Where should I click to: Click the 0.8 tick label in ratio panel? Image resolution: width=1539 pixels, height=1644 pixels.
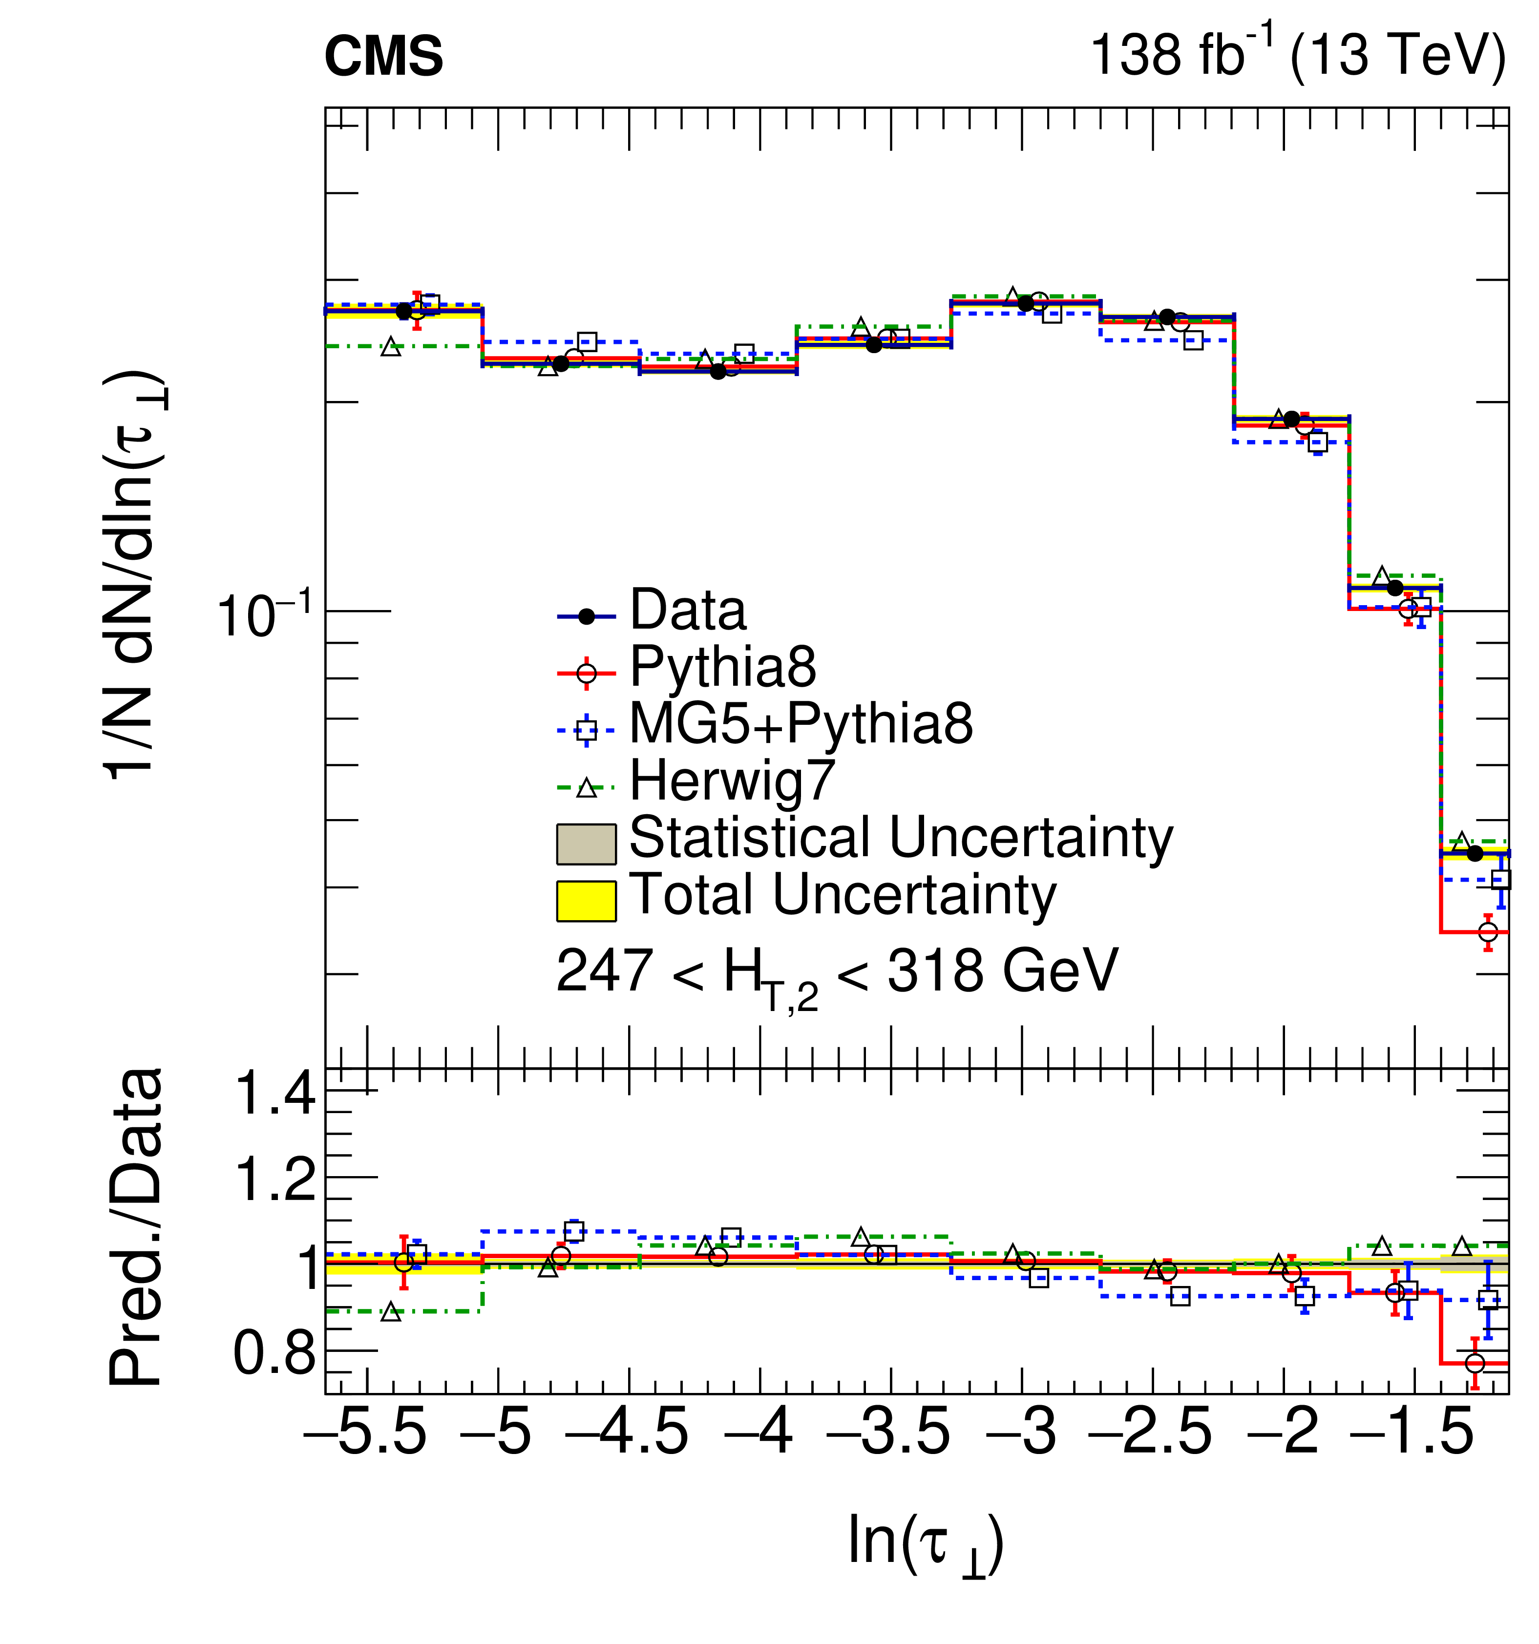click(275, 1354)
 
